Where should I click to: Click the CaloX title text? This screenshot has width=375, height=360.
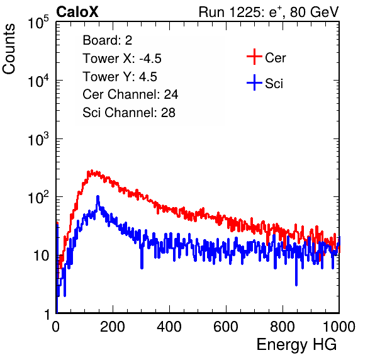pos(77,12)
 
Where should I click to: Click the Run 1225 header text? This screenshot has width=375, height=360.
pos(269,12)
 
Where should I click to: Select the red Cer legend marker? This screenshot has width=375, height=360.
pos(254,57)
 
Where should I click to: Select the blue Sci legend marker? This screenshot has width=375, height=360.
pos(254,83)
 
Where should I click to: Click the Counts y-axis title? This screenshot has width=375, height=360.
pos(9,49)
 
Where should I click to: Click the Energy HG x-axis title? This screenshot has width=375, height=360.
pos(296,345)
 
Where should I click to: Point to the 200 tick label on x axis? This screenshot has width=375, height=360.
pos(113,327)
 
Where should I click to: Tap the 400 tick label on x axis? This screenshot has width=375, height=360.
pos(169,327)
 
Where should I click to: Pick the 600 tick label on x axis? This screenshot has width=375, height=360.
pos(226,327)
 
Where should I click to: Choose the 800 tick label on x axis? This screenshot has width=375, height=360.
pos(283,327)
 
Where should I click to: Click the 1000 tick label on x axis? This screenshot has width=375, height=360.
pos(339,327)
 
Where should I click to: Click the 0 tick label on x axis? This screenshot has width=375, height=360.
pos(56,327)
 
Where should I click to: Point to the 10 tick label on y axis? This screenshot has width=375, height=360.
pos(41,256)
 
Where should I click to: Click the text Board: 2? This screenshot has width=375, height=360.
pos(108,40)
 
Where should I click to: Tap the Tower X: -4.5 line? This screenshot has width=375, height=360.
pos(122,59)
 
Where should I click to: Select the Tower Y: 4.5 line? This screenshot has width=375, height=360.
pos(120,77)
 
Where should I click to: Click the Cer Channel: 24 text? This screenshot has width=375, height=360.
pos(130,94)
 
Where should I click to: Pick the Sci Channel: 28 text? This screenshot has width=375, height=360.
pos(129,113)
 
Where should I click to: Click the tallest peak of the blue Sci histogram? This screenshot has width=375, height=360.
pos(98,197)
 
